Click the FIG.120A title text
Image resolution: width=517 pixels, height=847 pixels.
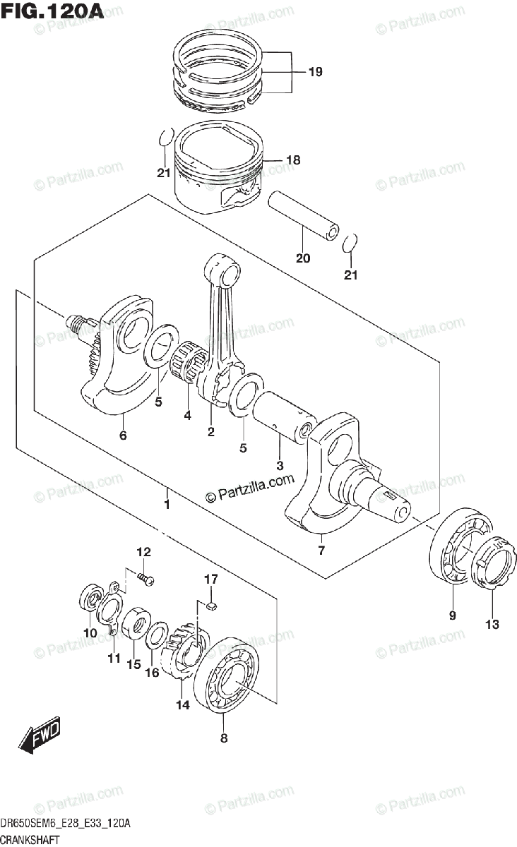click(53, 12)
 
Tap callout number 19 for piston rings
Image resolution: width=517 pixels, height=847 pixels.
click(315, 72)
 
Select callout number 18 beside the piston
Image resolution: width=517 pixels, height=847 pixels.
click(292, 161)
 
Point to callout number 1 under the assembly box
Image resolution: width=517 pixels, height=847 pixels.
click(167, 505)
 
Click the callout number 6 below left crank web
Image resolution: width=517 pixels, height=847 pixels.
click(123, 435)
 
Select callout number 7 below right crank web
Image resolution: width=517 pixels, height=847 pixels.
click(321, 551)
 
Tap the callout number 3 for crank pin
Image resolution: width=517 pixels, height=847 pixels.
click(280, 466)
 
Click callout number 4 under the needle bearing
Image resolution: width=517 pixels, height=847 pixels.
click(187, 416)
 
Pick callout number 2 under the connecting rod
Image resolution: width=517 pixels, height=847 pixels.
click(210, 432)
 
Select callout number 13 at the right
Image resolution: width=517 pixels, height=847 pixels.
click(492, 624)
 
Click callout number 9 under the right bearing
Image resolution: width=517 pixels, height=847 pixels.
click(452, 615)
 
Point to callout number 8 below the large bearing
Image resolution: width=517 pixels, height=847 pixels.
click(224, 739)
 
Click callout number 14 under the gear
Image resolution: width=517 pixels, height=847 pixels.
click(183, 704)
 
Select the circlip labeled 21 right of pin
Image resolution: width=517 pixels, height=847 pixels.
click(347, 244)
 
